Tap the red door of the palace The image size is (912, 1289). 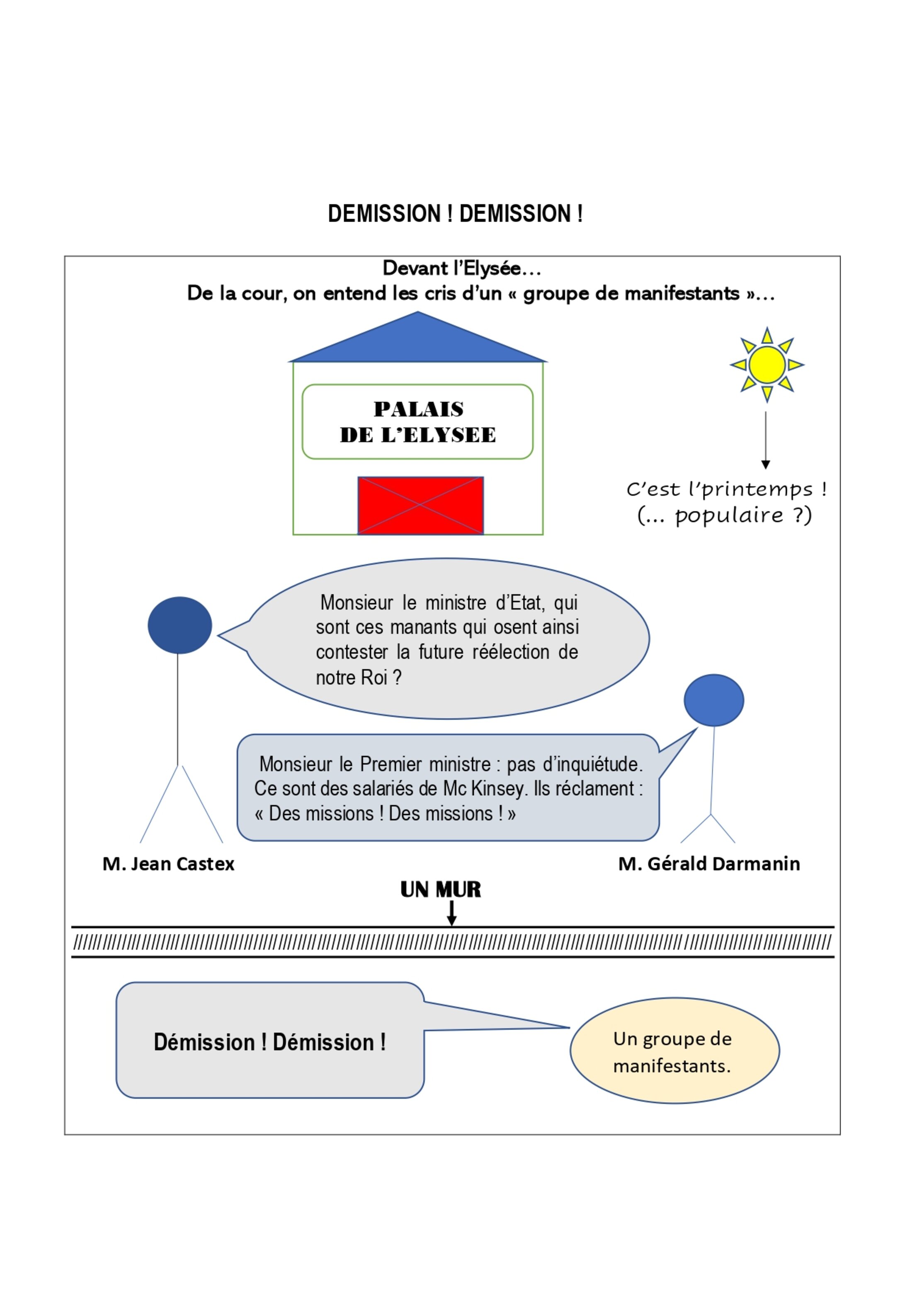click(x=421, y=505)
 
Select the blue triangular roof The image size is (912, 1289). click(x=418, y=337)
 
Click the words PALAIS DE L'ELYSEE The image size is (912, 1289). click(x=418, y=422)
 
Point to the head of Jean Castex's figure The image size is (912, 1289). click(x=179, y=625)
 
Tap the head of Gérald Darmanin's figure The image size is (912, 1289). click(x=714, y=700)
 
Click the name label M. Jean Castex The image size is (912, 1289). click(x=168, y=863)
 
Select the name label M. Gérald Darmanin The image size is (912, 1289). click(x=709, y=863)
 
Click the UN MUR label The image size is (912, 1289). click(x=441, y=890)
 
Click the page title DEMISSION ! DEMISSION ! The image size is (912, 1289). click(x=456, y=213)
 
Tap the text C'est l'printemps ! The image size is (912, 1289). click(x=727, y=490)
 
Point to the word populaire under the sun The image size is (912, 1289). click(x=729, y=515)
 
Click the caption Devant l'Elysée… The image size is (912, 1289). click(x=462, y=268)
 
